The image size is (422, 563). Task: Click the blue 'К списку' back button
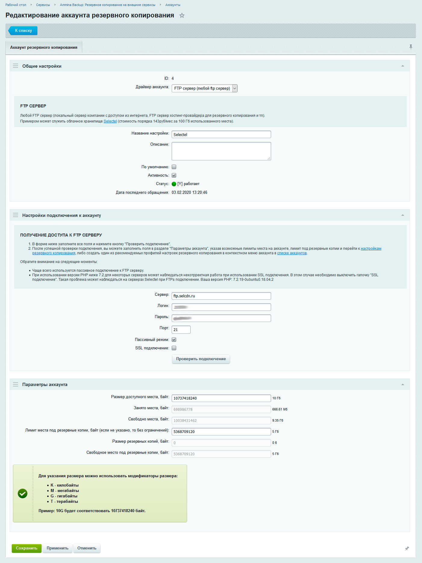coord(23,31)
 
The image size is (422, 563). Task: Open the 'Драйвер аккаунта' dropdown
coord(205,88)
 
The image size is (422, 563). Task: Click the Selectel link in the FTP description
coord(110,121)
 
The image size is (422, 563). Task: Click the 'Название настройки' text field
coord(221,135)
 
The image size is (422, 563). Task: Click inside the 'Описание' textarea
coord(221,151)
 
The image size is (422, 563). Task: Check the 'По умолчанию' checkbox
coord(174,167)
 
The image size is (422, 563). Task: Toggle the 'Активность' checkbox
coord(174,175)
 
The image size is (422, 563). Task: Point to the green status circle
coord(174,184)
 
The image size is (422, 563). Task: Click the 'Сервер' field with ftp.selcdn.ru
coord(221,296)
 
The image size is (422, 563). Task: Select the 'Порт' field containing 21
coord(181,330)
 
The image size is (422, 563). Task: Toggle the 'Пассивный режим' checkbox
coord(174,340)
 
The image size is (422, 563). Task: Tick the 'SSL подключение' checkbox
coord(174,348)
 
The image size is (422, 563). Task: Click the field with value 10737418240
coord(221,398)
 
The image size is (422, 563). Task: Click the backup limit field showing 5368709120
coord(221,432)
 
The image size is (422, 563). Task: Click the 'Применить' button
coord(58,548)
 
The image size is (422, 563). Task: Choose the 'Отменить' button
coord(87,548)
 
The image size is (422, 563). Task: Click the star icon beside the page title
coord(182,16)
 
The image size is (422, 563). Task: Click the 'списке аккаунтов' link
coord(292,253)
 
